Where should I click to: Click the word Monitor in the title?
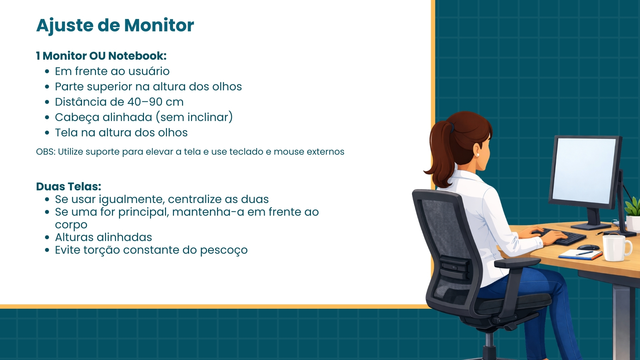[x=159, y=25]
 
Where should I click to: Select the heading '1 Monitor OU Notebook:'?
[x=101, y=56]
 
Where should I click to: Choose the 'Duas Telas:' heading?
[x=69, y=186]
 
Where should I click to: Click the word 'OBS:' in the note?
[x=46, y=152]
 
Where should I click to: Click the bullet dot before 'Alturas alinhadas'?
[x=47, y=237]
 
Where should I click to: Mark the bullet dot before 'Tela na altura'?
[x=47, y=133]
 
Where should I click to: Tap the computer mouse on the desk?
[x=588, y=247]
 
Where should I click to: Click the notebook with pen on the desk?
[x=580, y=254]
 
